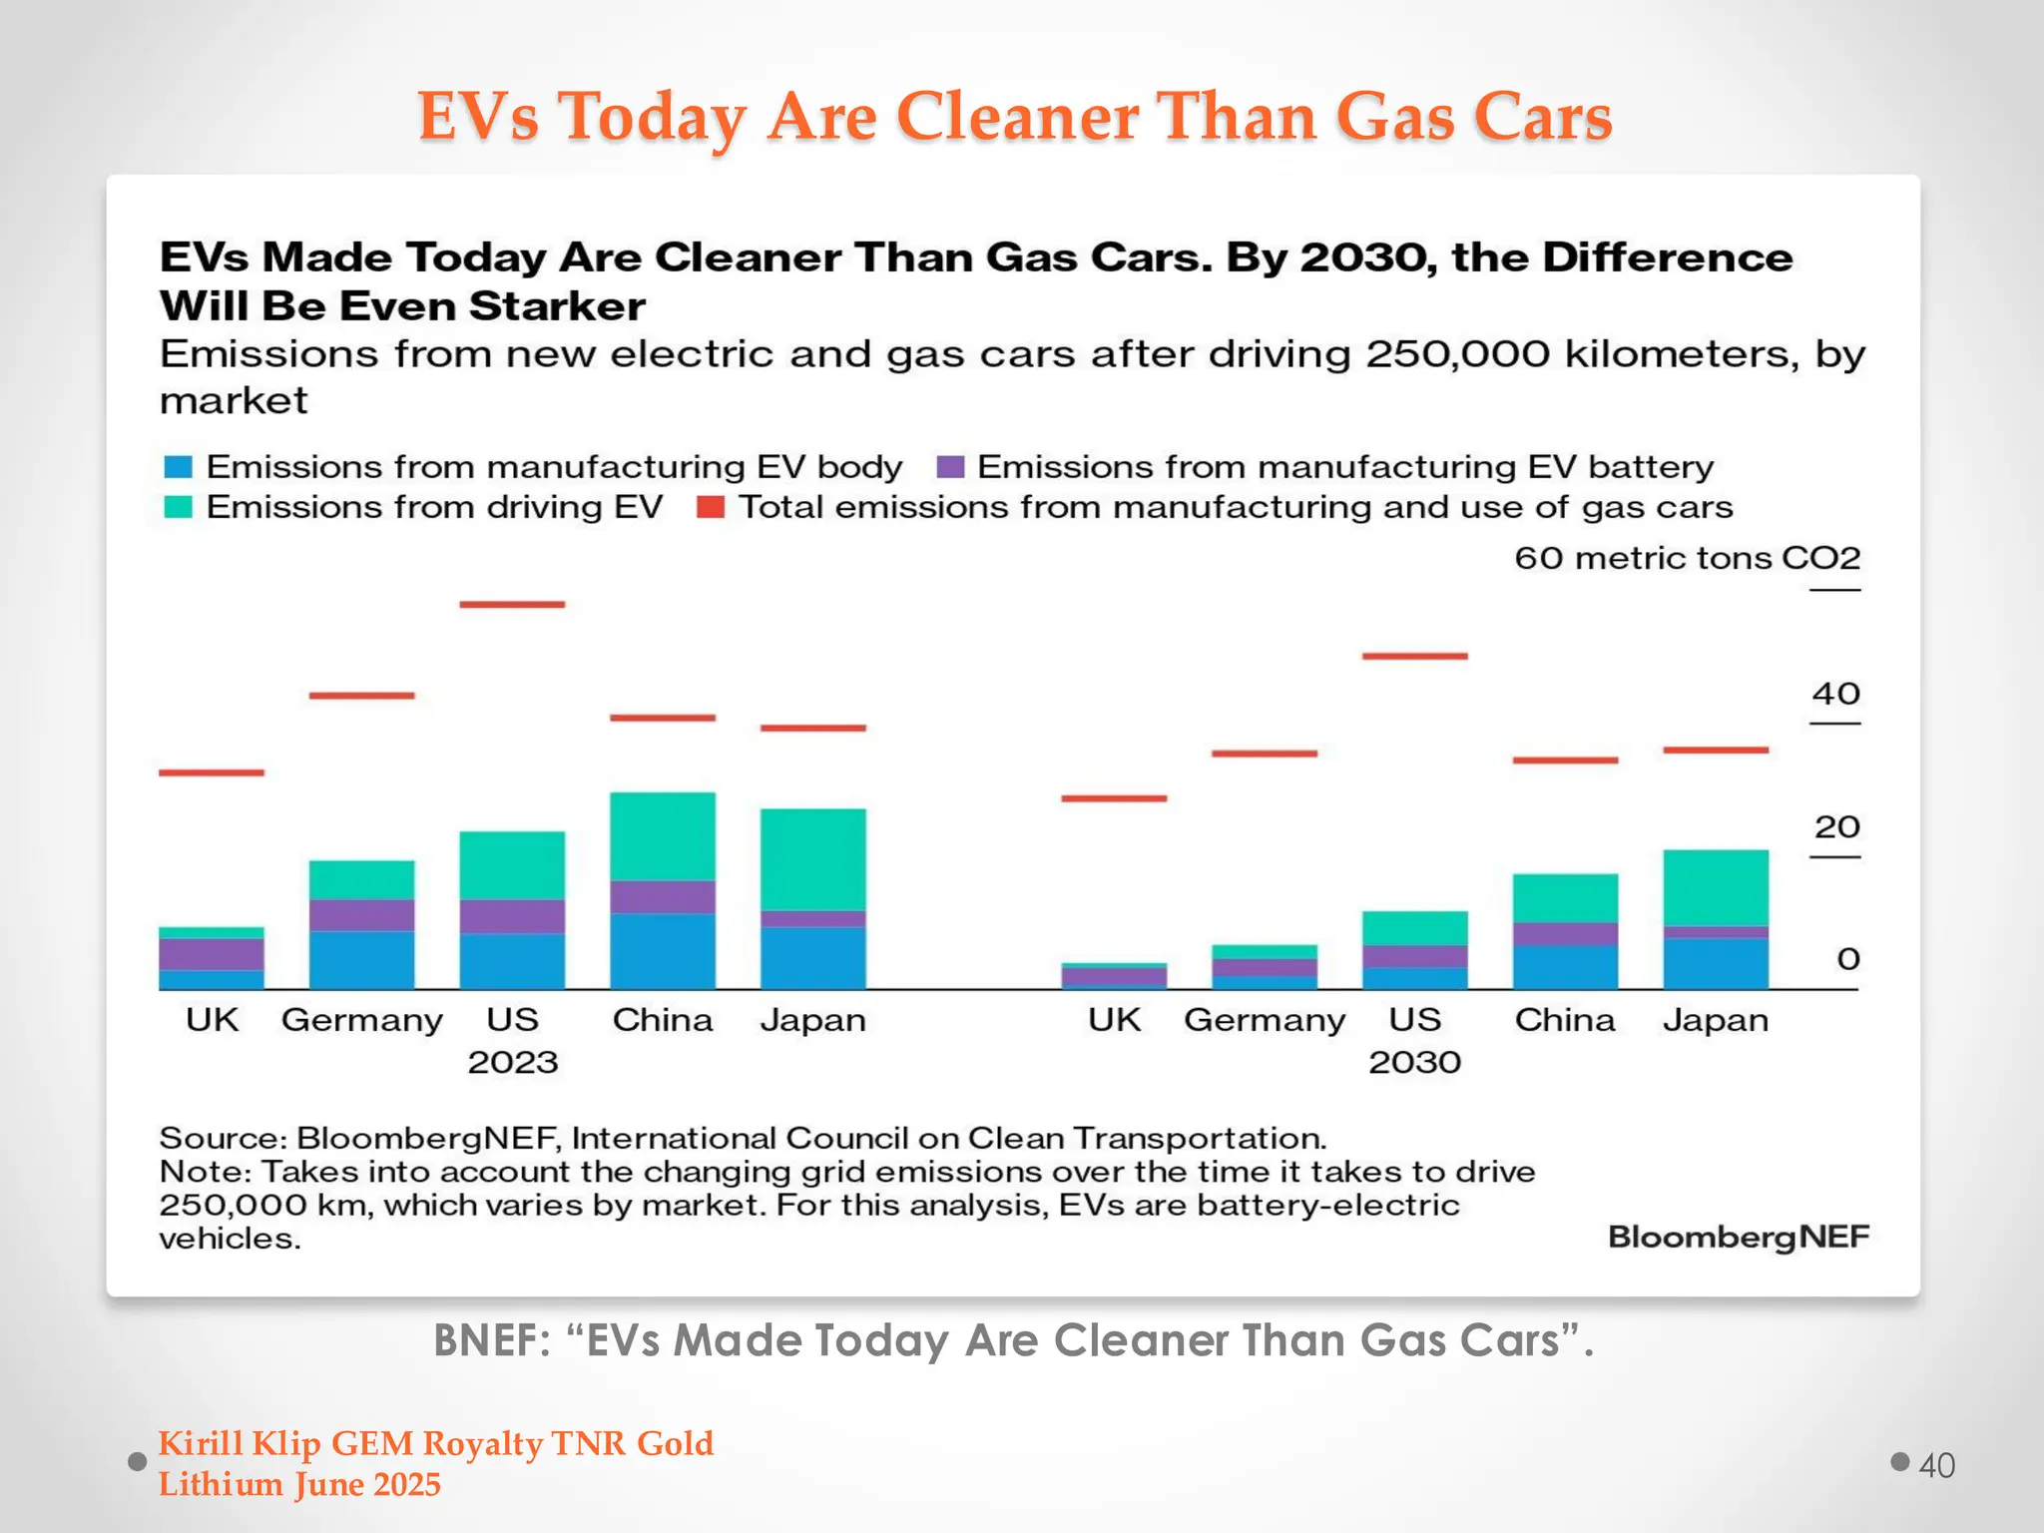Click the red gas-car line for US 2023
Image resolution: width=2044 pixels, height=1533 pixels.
pyautogui.click(x=512, y=605)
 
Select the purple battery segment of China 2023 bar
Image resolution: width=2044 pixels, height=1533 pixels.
pyautogui.click(x=663, y=896)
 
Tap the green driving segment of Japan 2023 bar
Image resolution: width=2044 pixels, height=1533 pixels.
pyautogui.click(x=812, y=859)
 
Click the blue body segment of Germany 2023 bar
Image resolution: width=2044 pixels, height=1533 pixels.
pyautogui.click(x=361, y=959)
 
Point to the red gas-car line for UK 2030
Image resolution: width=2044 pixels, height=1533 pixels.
pyautogui.click(x=1114, y=798)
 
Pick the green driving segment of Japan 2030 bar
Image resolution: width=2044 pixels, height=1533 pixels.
pyautogui.click(x=1715, y=887)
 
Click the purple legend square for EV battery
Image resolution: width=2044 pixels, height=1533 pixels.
pyautogui.click(x=950, y=467)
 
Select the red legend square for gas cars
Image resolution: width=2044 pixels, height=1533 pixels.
pyautogui.click(x=710, y=507)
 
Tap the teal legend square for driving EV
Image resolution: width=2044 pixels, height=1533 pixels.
pyautogui.click(x=178, y=507)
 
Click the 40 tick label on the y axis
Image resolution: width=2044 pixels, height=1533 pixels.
pyautogui.click(x=1835, y=694)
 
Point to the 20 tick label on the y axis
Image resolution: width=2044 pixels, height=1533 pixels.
pyautogui.click(x=1835, y=827)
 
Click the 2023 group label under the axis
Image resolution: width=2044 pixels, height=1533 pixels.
pyautogui.click(x=512, y=1062)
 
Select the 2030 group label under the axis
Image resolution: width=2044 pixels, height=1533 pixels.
pyautogui.click(x=1414, y=1062)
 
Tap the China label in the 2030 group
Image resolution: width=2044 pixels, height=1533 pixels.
pyautogui.click(x=1564, y=1020)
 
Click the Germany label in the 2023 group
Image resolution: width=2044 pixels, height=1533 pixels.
pyautogui.click(x=361, y=1020)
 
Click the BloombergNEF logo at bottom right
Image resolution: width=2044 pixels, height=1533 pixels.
pyautogui.click(x=1738, y=1237)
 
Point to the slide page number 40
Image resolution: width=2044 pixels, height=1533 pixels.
pyautogui.click(x=1936, y=1465)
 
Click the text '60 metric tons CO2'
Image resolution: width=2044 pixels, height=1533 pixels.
pyautogui.click(x=1687, y=558)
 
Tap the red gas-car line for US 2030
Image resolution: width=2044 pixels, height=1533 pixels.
pyautogui.click(x=1414, y=657)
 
